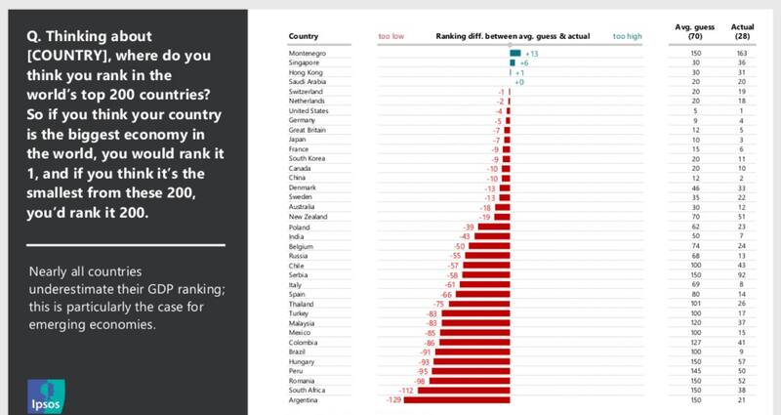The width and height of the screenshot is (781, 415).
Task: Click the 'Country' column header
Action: [304, 36]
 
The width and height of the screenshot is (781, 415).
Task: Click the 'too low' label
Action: [392, 36]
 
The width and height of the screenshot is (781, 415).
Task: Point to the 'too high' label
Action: [627, 36]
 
